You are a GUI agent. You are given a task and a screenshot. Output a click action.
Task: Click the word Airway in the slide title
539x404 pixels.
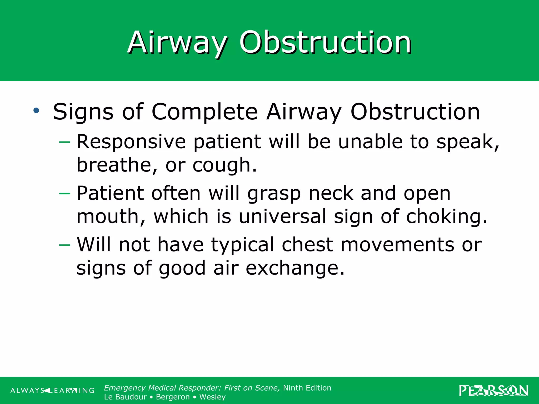point(177,43)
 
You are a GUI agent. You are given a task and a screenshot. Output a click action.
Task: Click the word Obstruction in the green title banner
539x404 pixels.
point(325,43)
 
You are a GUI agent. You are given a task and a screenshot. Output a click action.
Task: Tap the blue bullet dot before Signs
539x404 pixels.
point(36,110)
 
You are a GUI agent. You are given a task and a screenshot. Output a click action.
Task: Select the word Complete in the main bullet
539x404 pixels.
point(204,112)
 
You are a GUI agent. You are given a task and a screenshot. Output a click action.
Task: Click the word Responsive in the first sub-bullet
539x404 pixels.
point(131,142)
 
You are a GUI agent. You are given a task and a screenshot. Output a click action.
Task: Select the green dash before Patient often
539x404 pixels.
point(65,194)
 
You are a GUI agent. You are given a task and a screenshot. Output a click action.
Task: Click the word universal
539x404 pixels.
point(282,216)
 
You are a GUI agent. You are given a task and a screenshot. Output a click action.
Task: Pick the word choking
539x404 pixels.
point(446,216)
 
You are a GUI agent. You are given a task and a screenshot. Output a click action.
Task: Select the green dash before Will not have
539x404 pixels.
point(65,245)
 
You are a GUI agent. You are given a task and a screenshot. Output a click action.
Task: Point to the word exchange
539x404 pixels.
point(295,268)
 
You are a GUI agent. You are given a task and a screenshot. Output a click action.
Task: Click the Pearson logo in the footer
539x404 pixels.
point(493,391)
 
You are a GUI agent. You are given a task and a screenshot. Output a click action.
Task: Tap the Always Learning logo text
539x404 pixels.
point(52,391)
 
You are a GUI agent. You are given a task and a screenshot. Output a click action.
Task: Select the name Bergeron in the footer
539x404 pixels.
point(173,397)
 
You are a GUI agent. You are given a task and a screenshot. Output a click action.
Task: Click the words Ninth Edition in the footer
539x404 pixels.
point(307,388)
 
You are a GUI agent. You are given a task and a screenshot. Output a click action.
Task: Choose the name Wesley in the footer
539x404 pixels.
point(212,397)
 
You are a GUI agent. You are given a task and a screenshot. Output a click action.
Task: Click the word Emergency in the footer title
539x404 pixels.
point(125,388)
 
